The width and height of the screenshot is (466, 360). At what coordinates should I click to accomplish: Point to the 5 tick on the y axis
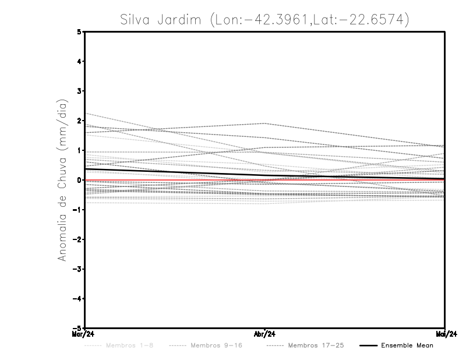pos(79,31)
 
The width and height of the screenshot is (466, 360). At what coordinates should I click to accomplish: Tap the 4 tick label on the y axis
pos(79,61)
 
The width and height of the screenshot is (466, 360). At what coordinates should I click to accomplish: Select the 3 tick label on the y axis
pos(79,91)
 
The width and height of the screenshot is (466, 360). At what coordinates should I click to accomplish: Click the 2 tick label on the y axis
pos(79,121)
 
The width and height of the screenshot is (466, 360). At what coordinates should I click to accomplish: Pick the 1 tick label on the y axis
pos(79,150)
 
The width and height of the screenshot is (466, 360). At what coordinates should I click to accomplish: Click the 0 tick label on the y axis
pos(79,180)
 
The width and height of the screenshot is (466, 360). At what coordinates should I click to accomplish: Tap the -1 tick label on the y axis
pos(77,210)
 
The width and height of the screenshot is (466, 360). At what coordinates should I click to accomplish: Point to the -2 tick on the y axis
pos(77,239)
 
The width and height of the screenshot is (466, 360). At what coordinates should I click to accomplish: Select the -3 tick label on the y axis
pos(77,269)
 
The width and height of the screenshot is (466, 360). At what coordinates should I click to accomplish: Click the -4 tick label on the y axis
pos(77,299)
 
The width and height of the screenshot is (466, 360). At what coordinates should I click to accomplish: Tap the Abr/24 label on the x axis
pos(265,334)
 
